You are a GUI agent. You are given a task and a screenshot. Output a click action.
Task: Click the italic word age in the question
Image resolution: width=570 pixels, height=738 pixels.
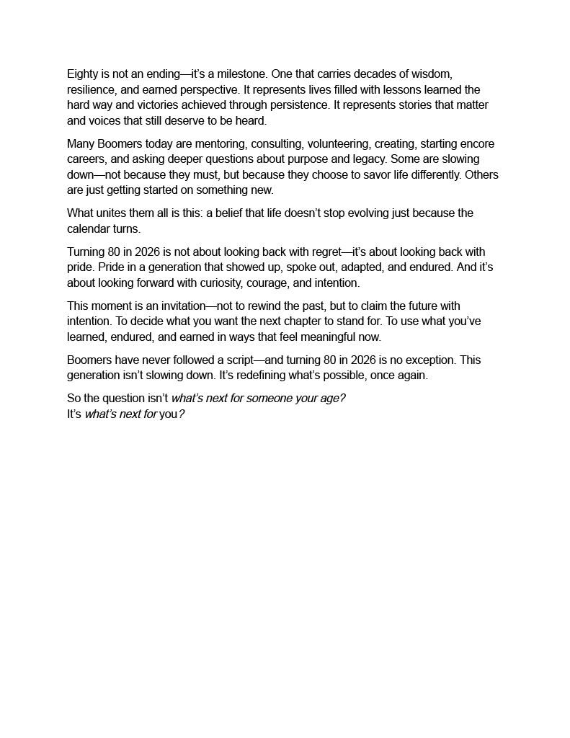(x=329, y=399)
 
